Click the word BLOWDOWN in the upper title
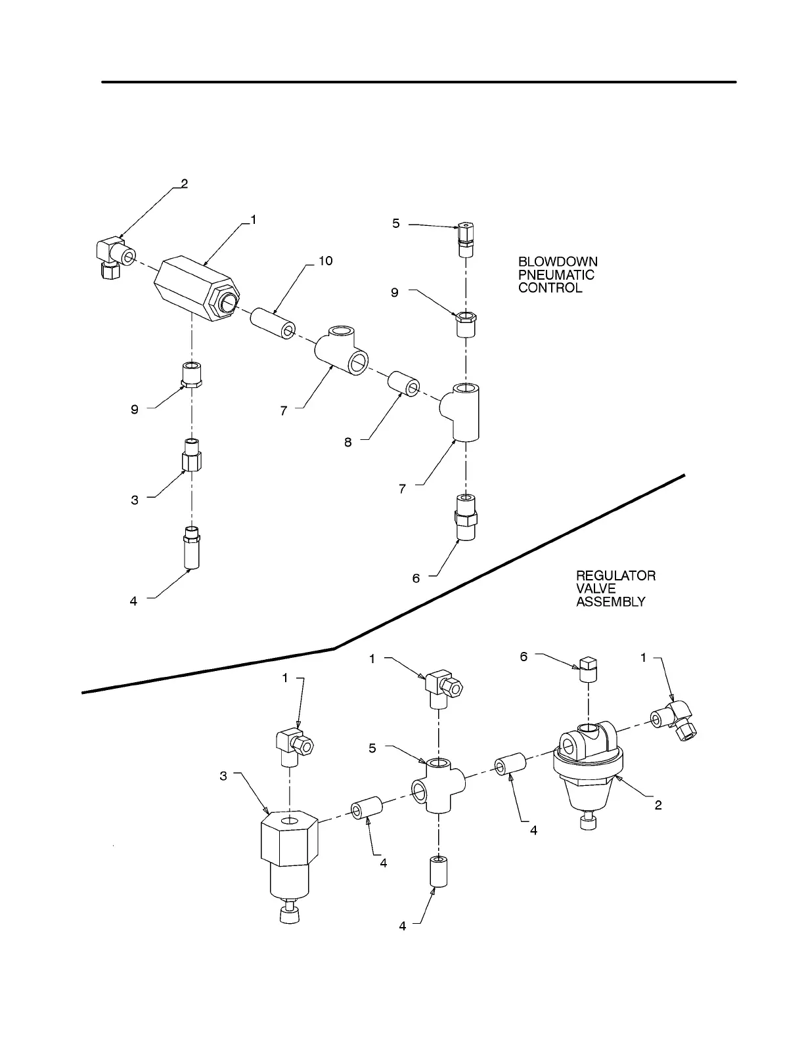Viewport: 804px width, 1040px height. click(x=558, y=262)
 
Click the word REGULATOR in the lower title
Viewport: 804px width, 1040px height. click(x=615, y=576)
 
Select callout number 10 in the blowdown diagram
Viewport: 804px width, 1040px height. click(x=325, y=261)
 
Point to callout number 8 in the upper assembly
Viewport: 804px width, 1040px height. click(x=348, y=442)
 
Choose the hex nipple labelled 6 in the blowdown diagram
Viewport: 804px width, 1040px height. click(x=465, y=517)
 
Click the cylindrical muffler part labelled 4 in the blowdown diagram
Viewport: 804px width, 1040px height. click(x=191, y=548)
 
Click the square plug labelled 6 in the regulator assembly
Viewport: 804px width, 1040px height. click(x=587, y=670)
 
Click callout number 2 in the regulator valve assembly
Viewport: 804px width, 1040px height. click(x=658, y=805)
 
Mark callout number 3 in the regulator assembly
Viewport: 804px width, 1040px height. click(x=223, y=776)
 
